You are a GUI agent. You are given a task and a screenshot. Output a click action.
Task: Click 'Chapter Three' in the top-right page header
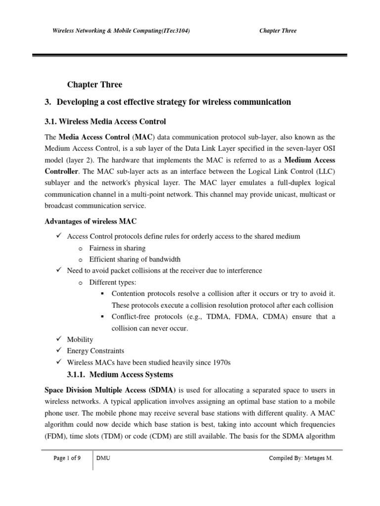pos(278,31)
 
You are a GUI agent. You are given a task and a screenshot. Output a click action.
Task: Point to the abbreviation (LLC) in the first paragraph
pos(324,171)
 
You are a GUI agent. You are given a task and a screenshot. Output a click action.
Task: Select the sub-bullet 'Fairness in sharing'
pos(117,248)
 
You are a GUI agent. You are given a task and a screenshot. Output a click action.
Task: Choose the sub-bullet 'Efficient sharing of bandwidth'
pos(135,259)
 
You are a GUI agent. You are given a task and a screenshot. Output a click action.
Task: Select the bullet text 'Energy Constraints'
pos(95,351)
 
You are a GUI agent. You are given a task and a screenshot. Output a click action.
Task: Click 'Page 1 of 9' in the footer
pos(67,458)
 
